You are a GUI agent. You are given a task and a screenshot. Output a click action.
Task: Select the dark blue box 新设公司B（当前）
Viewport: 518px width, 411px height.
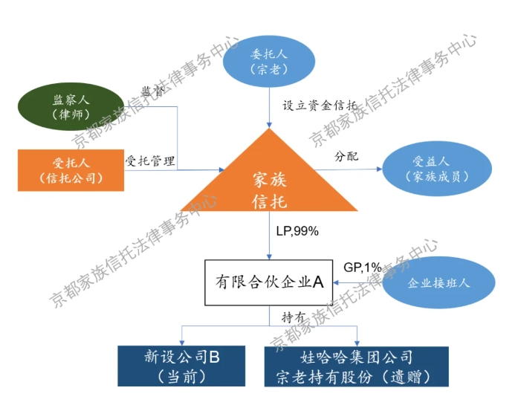[182, 366]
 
